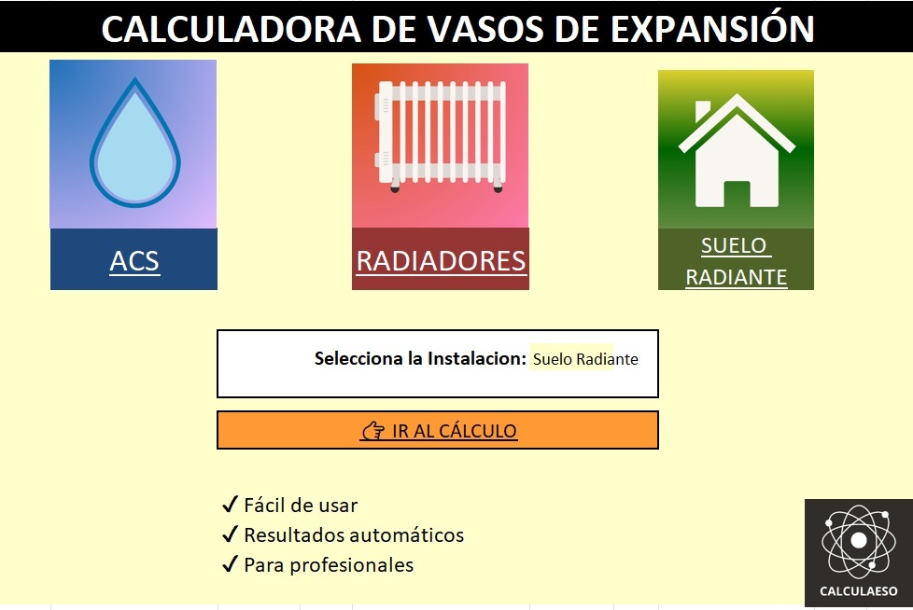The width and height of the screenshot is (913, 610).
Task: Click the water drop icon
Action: pyautogui.click(x=135, y=143)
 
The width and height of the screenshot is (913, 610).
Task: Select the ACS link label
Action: pyautogui.click(x=133, y=261)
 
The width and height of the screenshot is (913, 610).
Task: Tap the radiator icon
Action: pyautogui.click(x=441, y=135)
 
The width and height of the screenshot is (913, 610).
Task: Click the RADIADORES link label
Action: pyautogui.click(x=441, y=261)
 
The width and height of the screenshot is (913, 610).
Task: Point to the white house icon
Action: pyautogui.click(x=737, y=150)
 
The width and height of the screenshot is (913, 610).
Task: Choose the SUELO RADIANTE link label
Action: pyautogui.click(x=736, y=261)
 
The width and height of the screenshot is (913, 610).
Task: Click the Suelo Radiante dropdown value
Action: pyautogui.click(x=585, y=359)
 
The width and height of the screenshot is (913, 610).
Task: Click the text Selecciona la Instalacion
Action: pyautogui.click(x=420, y=358)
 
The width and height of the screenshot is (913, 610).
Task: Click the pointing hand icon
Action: pyautogui.click(x=373, y=431)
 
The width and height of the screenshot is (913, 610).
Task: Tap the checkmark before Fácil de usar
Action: pyautogui.click(x=231, y=504)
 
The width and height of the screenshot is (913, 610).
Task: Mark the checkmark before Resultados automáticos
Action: pyautogui.click(x=231, y=534)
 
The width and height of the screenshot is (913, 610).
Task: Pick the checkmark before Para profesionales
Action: pyautogui.click(x=231, y=563)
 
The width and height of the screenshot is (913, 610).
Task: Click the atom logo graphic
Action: pyautogui.click(x=858, y=541)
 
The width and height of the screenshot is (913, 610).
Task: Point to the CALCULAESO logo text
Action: pyautogui.click(x=859, y=591)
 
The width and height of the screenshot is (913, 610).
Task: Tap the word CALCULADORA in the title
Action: pyautogui.click(x=232, y=29)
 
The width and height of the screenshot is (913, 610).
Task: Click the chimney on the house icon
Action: pyautogui.click(x=703, y=111)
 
